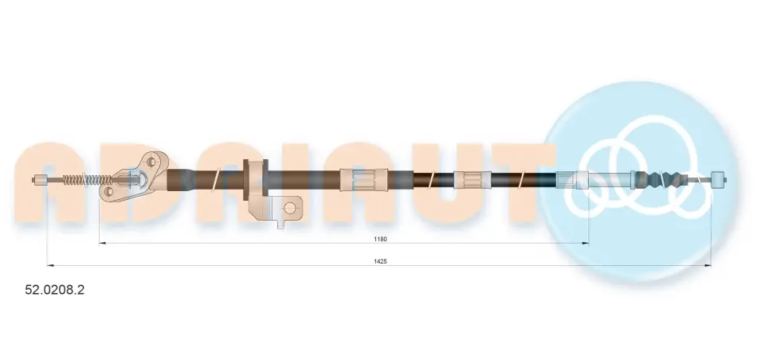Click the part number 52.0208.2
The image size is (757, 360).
pyautogui.click(x=54, y=290)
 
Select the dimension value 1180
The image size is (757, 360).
pyautogui.click(x=380, y=239)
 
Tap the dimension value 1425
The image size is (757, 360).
pyautogui.click(x=380, y=261)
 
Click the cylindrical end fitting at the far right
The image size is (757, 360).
pyautogui.click(x=719, y=179)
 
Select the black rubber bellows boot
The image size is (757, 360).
pyautogui.click(x=660, y=179)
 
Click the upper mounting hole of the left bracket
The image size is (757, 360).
pyautogui.click(x=150, y=162)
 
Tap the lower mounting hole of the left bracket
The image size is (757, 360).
pyautogui.click(x=108, y=192)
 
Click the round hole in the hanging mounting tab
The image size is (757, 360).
pyautogui.click(x=289, y=208)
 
